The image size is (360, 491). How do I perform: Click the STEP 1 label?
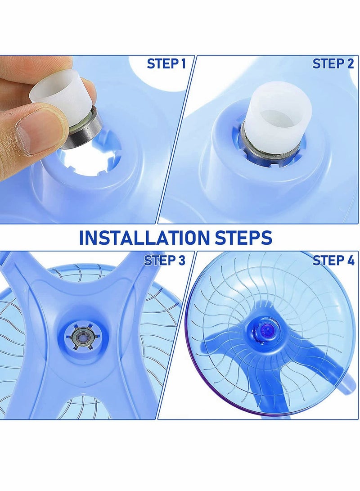click(x=166, y=64)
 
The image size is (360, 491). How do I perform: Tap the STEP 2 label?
click(x=333, y=64)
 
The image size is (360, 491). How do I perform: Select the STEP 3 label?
click(x=164, y=260)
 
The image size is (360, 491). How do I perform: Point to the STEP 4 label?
click(x=333, y=260)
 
